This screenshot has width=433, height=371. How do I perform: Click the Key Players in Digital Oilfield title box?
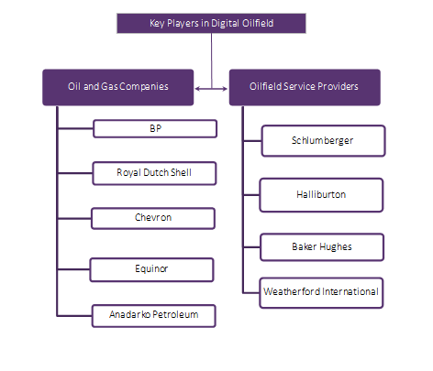pyautogui.click(x=211, y=22)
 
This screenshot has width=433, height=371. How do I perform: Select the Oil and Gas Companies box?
pyautogui.click(x=118, y=86)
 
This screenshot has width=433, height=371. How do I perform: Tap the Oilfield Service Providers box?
pyautogui.click(x=304, y=86)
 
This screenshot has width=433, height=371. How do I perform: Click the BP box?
pyautogui.click(x=154, y=128)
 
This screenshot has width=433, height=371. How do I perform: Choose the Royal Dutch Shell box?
pyautogui.click(x=154, y=171)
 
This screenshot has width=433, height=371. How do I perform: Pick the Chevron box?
pyautogui.click(x=154, y=218)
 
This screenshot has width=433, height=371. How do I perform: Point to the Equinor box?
pyautogui.click(x=153, y=269)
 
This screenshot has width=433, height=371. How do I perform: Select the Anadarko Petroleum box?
pyautogui.click(x=154, y=316)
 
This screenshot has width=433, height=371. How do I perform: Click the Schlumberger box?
pyautogui.click(x=320, y=141)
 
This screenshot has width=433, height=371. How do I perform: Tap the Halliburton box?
pyautogui.click(x=320, y=194)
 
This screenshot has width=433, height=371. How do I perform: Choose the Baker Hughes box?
pyautogui.click(x=320, y=247)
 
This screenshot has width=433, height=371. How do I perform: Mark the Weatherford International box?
pyautogui.click(x=320, y=292)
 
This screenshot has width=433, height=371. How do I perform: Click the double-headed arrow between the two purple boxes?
pyautogui.click(x=211, y=89)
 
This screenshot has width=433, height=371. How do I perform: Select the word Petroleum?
pyautogui.click(x=174, y=316)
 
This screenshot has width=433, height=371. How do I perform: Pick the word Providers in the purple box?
pyautogui.click(x=336, y=86)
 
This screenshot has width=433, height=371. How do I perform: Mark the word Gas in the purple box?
pyautogui.click(x=114, y=86)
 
